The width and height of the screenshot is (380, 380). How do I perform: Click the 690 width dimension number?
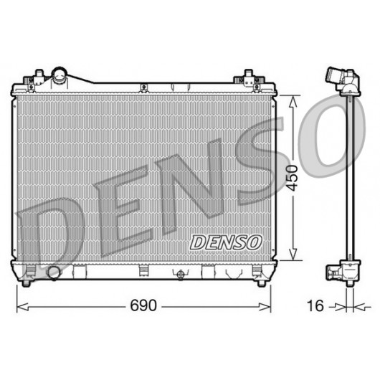point(143,305)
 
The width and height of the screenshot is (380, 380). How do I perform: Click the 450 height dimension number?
point(291,179)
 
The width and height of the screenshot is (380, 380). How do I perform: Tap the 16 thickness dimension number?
point(315,305)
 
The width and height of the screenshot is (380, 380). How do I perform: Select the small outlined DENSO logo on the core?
point(226,242)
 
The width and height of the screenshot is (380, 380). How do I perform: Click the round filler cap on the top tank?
point(60,75)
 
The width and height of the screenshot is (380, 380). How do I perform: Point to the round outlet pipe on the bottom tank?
point(54,273)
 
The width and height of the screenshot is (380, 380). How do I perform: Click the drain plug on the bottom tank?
point(181,275)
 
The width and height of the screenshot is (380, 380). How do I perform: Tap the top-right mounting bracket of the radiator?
point(250,81)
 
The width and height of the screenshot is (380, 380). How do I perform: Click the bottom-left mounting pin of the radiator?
point(27,282)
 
